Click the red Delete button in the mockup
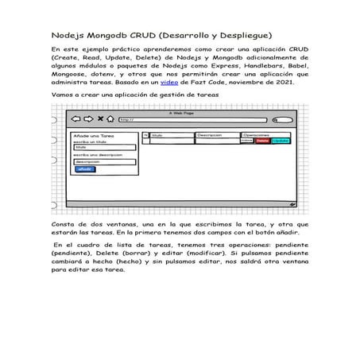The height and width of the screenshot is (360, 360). click(261, 141)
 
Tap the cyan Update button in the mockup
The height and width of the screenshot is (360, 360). click(281, 141)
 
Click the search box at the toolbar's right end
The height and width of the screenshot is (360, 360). click(280, 120)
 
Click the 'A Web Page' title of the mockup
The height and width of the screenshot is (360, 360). click(181, 113)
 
